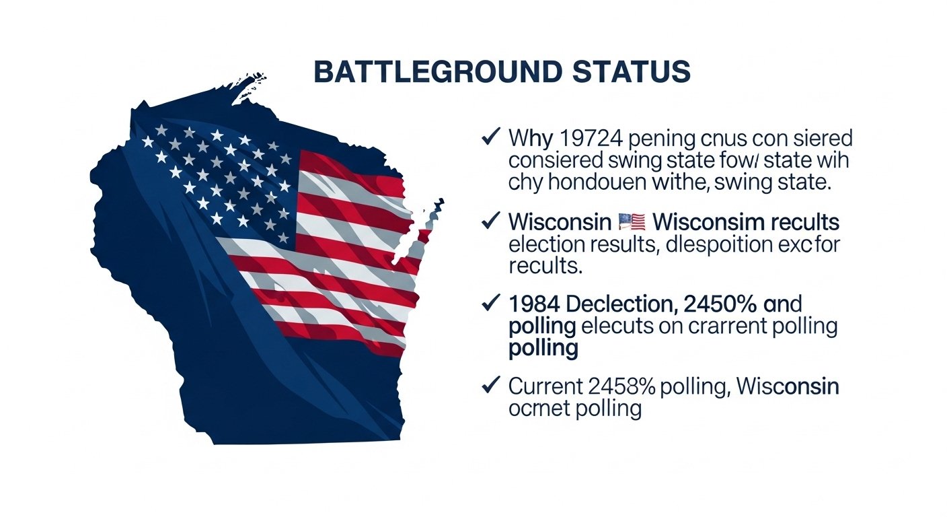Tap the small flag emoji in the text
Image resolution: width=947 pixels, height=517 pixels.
(x=630, y=221)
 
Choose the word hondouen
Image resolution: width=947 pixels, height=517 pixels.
(x=605, y=183)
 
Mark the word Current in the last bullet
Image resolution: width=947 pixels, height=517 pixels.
(x=545, y=386)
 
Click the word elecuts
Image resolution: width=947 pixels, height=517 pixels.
(x=616, y=326)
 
